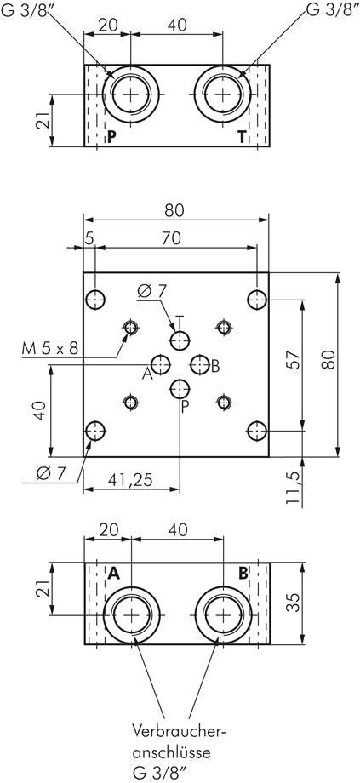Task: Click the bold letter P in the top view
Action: [x=111, y=136]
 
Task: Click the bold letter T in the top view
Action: [x=243, y=136]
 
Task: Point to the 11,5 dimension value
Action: [x=294, y=487]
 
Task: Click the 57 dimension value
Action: [x=294, y=362]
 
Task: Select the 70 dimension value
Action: [x=171, y=239]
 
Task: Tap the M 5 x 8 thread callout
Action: [x=50, y=348]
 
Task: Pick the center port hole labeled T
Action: [x=180, y=340]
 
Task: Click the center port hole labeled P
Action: [x=180, y=388]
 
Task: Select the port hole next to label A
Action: [x=161, y=364]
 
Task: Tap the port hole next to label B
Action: [x=200, y=364]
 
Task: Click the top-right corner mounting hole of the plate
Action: [x=257, y=300]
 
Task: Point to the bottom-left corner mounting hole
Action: [x=94, y=430]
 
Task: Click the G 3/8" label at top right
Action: [x=332, y=10]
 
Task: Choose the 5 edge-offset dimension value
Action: [x=89, y=239]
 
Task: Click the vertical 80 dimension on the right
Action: [x=327, y=359]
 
